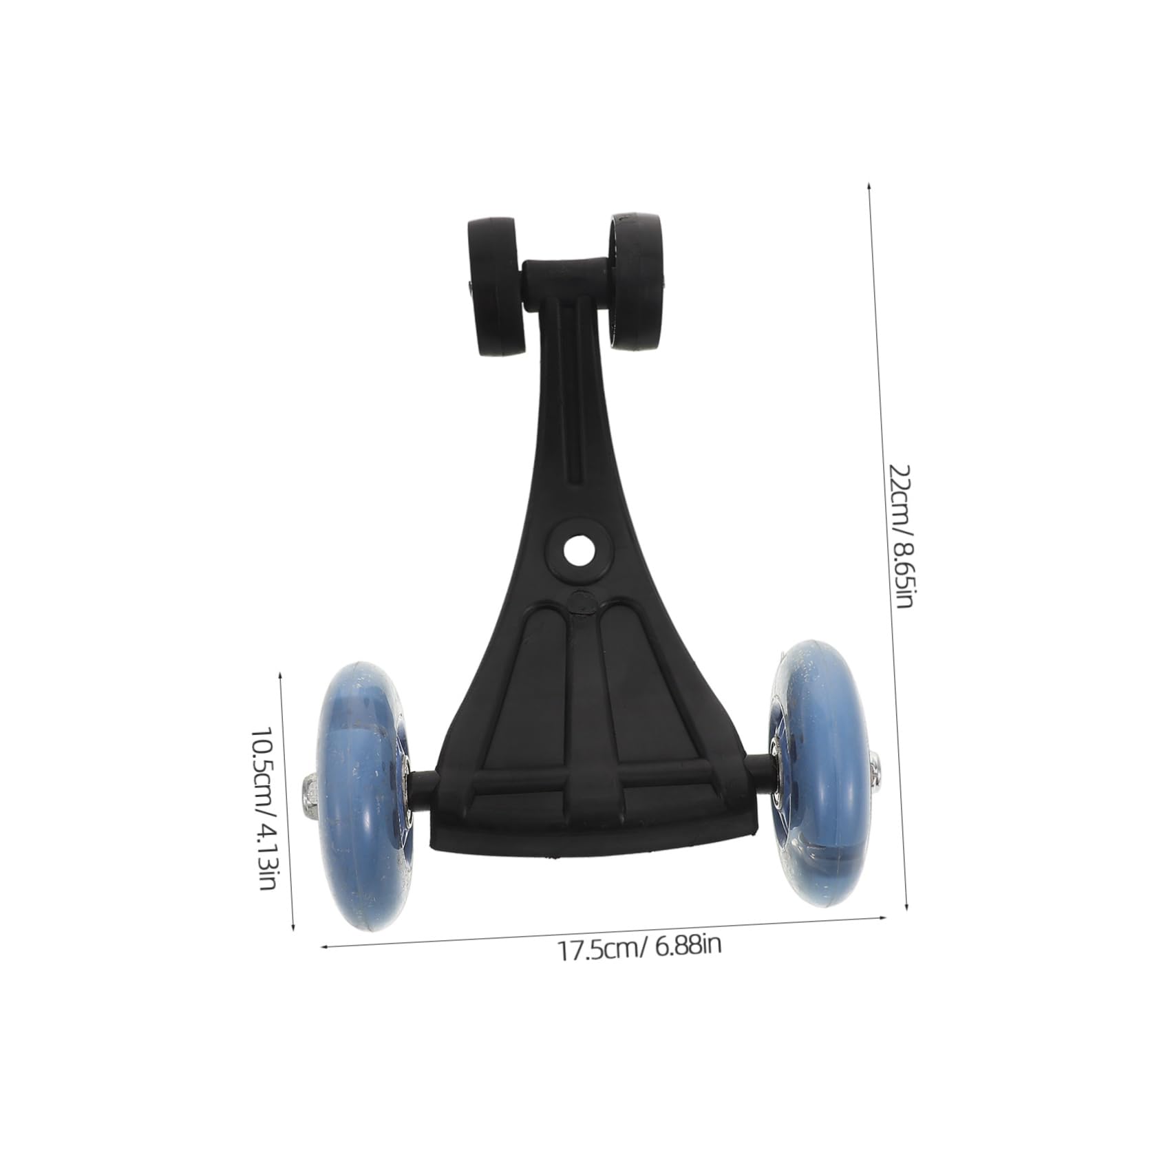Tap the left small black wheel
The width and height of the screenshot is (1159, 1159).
point(493,286)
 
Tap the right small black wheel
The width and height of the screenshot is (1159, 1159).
point(636,282)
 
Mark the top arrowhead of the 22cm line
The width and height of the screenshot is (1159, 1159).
point(869,187)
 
